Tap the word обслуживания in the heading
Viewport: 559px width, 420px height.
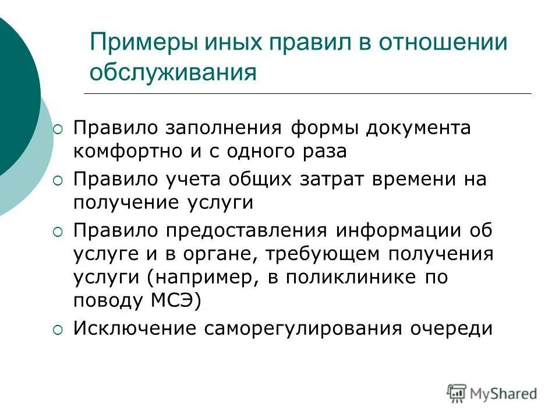tap(173, 73)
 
